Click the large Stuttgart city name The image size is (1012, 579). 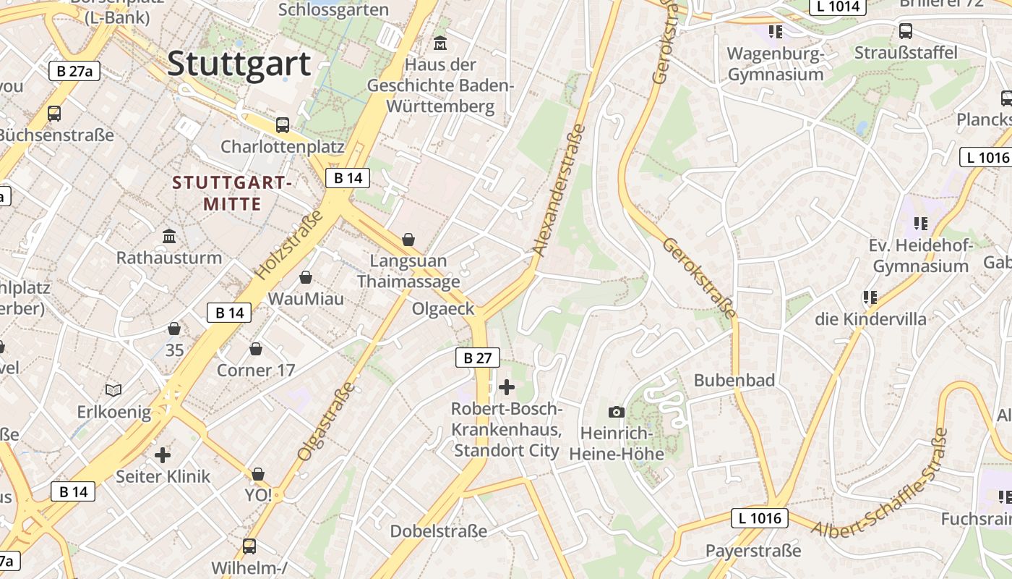tap(239, 64)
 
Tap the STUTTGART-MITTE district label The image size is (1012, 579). tap(232, 193)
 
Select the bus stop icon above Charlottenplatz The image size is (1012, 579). tap(283, 124)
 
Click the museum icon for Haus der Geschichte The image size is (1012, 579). tap(440, 43)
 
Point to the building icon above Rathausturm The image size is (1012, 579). tap(169, 236)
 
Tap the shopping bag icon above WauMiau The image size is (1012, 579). tap(306, 277)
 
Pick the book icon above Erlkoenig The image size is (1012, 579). tap(113, 391)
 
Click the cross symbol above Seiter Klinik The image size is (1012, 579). tap(163, 455)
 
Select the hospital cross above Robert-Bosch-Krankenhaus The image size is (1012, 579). tap(507, 386)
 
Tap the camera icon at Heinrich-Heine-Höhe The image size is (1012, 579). tap(616, 412)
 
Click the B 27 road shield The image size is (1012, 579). tap(478, 358)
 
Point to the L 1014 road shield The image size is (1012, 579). tap(839, 7)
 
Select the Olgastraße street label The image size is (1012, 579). tap(327, 421)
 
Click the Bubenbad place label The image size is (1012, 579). tap(734, 380)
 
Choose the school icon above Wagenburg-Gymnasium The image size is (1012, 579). tap(776, 31)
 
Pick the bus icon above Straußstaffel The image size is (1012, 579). tap(905, 30)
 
